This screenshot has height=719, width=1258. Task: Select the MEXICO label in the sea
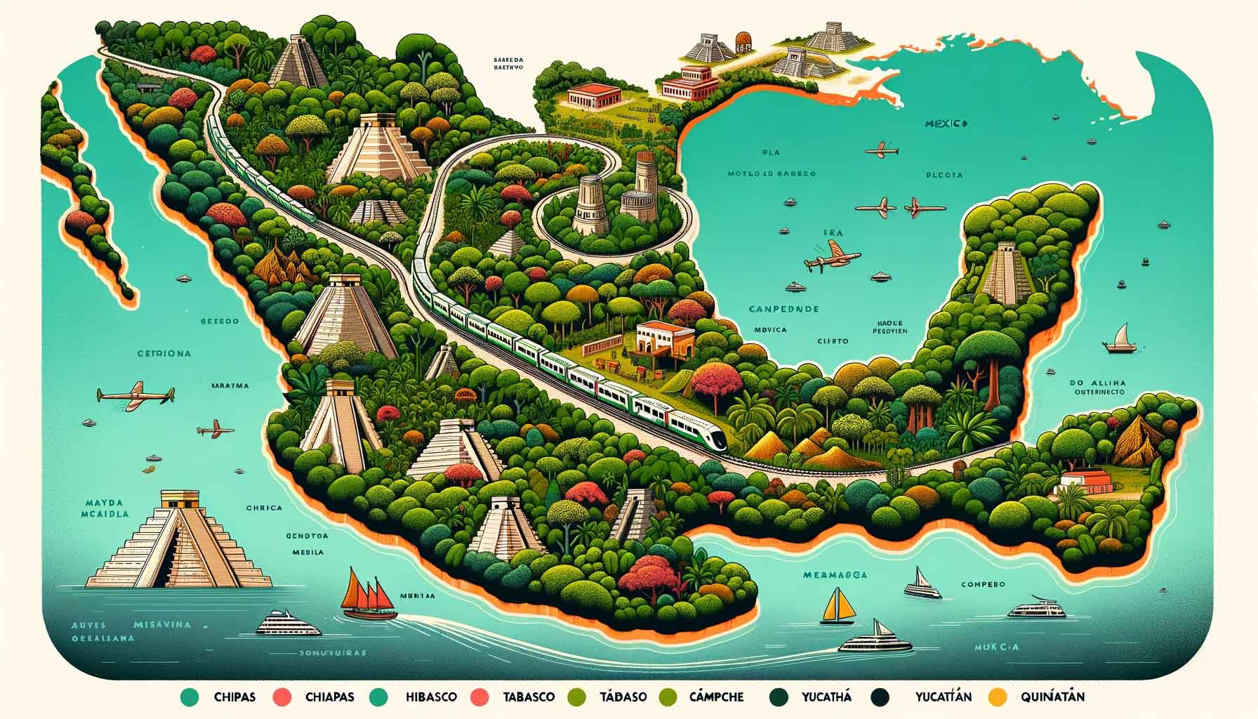(946, 124)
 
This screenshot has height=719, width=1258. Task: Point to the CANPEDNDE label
(784, 309)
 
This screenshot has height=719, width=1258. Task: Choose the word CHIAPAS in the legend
(330, 697)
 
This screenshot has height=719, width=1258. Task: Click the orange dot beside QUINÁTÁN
(996, 697)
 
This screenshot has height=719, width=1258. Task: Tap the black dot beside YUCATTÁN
(879, 697)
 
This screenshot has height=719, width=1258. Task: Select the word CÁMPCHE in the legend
(716, 697)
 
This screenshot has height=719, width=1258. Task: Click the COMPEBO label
(983, 584)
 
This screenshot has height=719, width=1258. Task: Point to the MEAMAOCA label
(835, 575)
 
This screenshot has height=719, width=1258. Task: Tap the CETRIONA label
(164, 354)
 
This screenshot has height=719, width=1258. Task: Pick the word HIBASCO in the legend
(431, 697)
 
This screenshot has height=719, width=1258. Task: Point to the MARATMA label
(230, 385)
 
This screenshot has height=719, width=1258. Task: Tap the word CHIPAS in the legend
(234, 697)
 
